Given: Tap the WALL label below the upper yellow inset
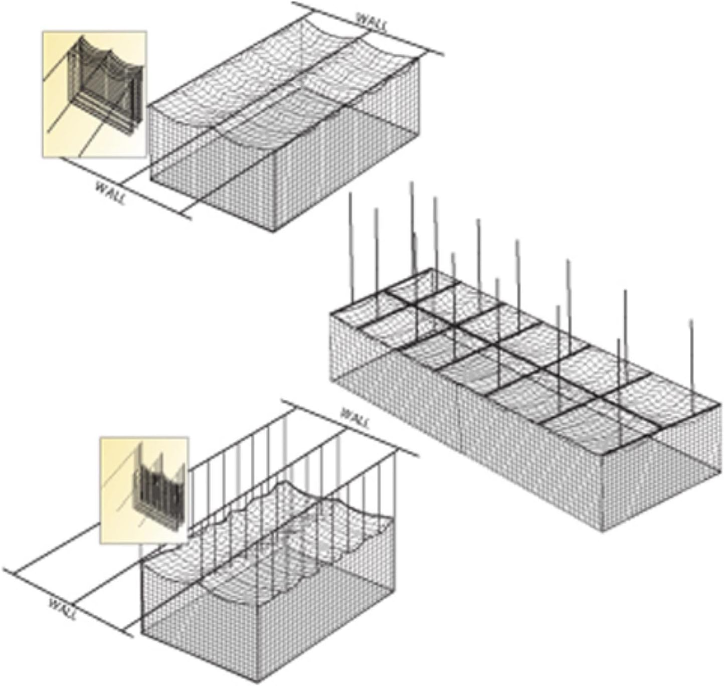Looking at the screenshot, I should (110, 193).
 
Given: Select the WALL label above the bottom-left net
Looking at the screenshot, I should (355, 417).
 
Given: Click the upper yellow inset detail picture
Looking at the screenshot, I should (94, 94).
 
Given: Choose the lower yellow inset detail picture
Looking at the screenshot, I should (144, 490).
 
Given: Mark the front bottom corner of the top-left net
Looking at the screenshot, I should (274, 231).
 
